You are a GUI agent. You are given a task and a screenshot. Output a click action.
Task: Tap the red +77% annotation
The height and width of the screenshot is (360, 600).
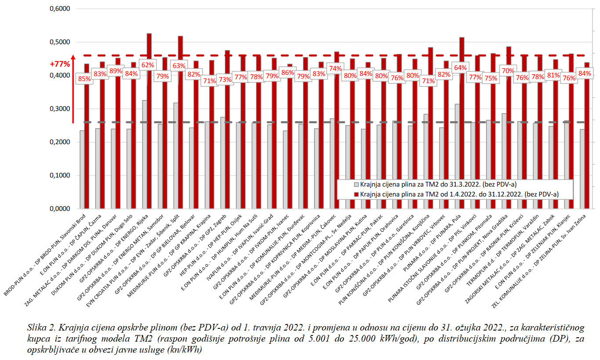click(x=60, y=64)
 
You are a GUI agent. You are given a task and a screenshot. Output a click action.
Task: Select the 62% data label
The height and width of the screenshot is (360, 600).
click(x=148, y=65)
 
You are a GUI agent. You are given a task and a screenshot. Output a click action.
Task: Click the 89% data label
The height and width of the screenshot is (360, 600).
click(x=116, y=71)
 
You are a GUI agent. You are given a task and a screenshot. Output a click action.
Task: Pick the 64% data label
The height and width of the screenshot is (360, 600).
click(x=460, y=68)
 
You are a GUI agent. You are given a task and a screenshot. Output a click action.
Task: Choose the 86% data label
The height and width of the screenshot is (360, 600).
click(x=288, y=72)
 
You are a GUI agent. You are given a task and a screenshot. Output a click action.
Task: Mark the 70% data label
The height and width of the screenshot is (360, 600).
click(x=507, y=70)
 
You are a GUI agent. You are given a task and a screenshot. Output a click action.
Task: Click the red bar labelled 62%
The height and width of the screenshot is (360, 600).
click(x=149, y=132)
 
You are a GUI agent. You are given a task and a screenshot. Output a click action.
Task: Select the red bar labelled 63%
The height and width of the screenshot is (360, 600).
click(x=180, y=132)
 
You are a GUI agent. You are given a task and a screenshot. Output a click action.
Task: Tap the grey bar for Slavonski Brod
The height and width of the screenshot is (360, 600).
click(x=82, y=169)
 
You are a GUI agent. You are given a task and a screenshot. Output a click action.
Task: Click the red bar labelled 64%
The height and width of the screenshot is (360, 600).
click(x=462, y=132)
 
